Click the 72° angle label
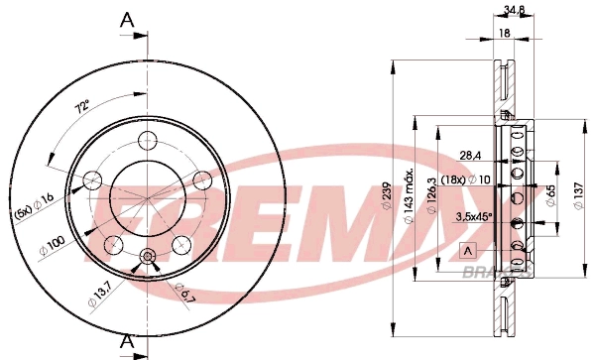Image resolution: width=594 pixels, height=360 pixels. (82, 107)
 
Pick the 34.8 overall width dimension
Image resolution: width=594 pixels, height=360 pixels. (514, 11)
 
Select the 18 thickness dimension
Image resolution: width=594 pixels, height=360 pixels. (505, 34)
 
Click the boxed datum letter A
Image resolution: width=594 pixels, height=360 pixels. (469, 248)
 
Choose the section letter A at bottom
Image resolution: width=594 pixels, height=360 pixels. (126, 342)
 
